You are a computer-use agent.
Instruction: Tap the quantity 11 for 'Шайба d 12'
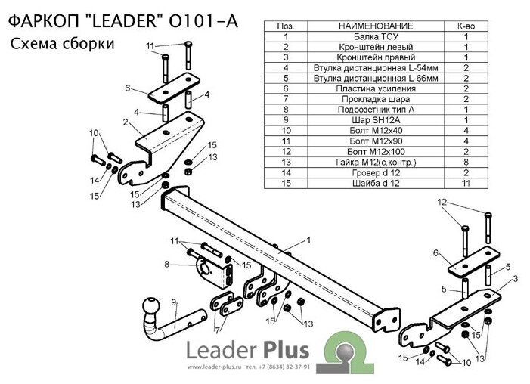tap(466, 182)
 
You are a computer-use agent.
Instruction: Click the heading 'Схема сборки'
tap(64, 44)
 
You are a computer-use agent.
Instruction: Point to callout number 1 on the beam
tap(308, 240)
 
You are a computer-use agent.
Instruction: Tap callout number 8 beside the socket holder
tap(166, 265)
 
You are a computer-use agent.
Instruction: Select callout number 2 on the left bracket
tap(125, 121)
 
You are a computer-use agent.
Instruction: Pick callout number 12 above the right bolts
tap(442, 202)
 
